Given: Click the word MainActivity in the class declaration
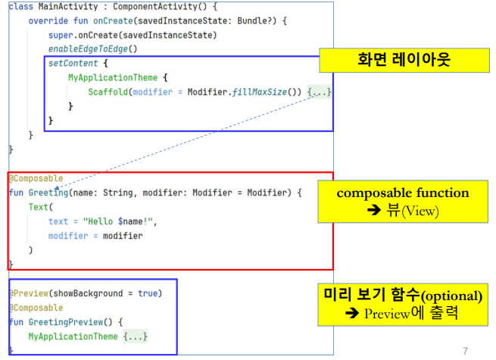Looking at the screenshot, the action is (68, 7).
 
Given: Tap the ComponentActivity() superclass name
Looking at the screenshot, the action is (161, 7).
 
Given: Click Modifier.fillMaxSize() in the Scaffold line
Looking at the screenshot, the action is (254, 92).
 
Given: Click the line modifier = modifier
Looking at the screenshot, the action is (95, 236).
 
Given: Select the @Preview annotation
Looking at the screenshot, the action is (30, 293).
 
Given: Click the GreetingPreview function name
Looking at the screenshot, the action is (67, 321).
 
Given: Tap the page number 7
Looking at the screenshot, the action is (465, 351).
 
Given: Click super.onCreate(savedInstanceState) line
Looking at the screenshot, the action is (133, 36).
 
